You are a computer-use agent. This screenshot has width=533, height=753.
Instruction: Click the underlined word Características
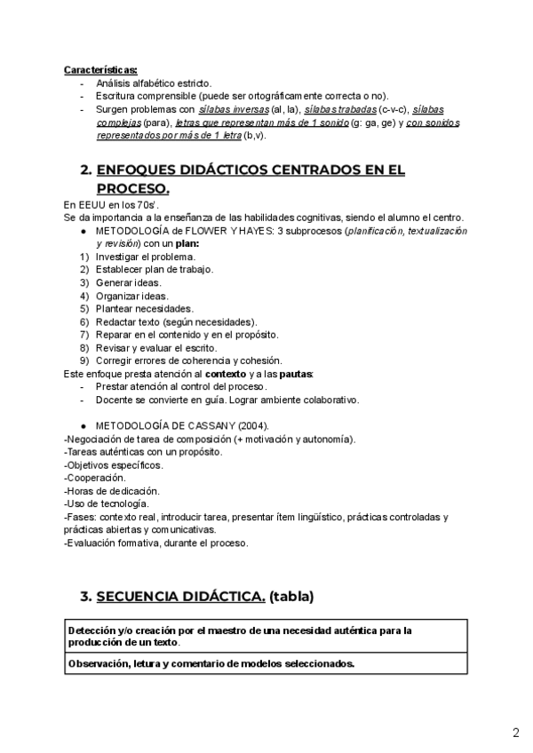pyautogui.click(x=100, y=70)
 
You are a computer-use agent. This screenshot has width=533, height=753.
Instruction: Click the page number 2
pyautogui.click(x=515, y=733)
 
